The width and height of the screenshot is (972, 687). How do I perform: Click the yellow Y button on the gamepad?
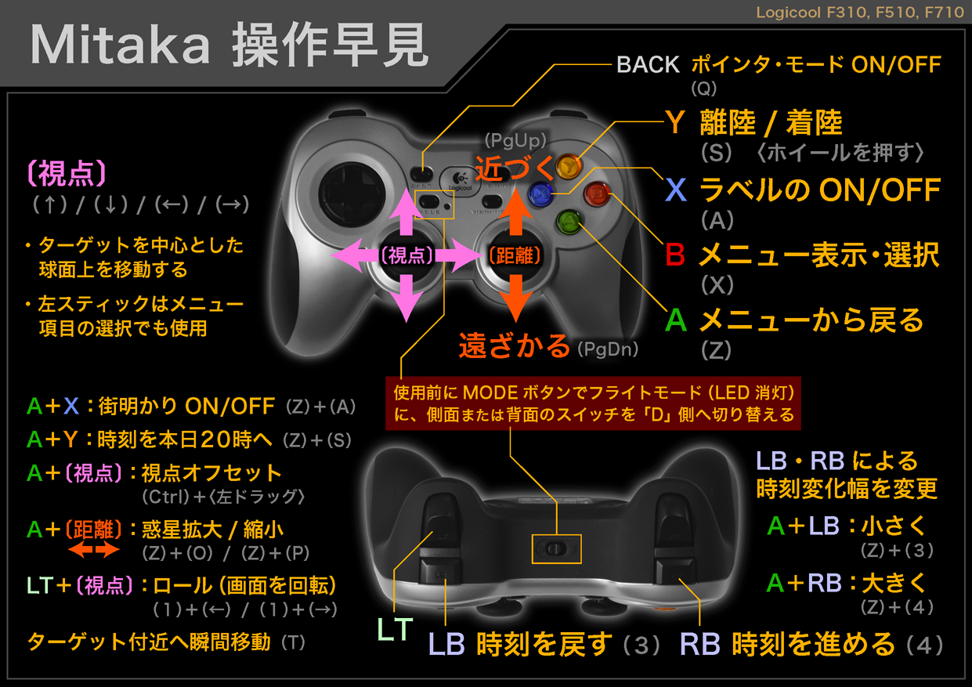point(569,166)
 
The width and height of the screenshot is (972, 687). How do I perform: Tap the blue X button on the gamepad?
point(540,193)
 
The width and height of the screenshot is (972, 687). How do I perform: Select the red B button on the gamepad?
point(598,193)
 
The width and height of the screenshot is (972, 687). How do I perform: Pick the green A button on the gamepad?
point(569,222)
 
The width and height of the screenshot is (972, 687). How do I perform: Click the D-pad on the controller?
point(352,194)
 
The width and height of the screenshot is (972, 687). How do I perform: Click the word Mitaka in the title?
point(120,45)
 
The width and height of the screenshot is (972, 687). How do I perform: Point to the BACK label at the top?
point(648,65)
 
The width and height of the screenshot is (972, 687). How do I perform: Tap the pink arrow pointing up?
point(407,212)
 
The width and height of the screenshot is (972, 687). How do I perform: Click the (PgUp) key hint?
point(515,140)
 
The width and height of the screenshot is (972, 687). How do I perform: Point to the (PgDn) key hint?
point(608,349)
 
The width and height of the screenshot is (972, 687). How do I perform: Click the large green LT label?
point(395,629)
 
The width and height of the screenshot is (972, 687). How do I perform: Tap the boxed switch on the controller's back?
point(556,549)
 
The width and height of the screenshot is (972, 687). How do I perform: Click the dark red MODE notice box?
point(593,403)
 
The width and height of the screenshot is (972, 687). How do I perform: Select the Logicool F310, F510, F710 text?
point(860,13)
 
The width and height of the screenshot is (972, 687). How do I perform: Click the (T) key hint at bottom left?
point(294,642)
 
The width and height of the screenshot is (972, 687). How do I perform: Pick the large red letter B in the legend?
point(675,255)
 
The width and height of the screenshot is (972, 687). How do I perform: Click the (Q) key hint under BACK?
point(703,88)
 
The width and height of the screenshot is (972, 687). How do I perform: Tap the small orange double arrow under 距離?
point(94,550)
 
